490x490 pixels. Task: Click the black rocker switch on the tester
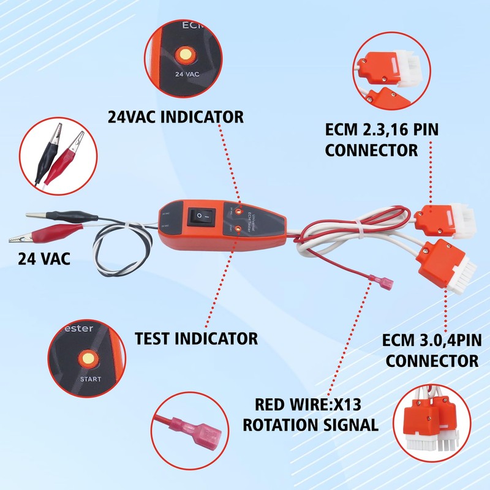click(202, 216)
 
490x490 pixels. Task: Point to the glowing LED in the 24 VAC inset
click(183, 56)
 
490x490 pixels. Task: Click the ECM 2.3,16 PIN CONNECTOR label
click(382, 139)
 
